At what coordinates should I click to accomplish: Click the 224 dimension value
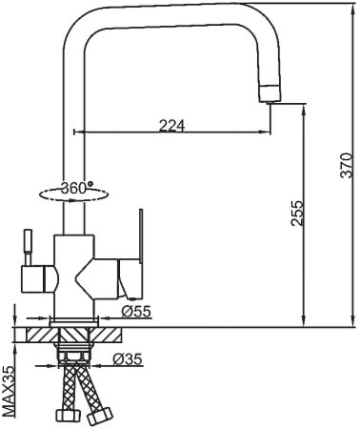coord(171,126)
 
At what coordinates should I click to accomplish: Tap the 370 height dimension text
coord(346,165)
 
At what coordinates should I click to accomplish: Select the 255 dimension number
coord(297,213)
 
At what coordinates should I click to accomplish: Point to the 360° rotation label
coord(77,188)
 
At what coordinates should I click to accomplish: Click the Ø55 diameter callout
coord(136,312)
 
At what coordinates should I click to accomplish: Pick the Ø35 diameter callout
coord(128,359)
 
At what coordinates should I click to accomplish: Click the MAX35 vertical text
coord(9,392)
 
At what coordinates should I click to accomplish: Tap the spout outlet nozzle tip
coord(270,94)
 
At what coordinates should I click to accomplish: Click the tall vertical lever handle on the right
coord(141,235)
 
